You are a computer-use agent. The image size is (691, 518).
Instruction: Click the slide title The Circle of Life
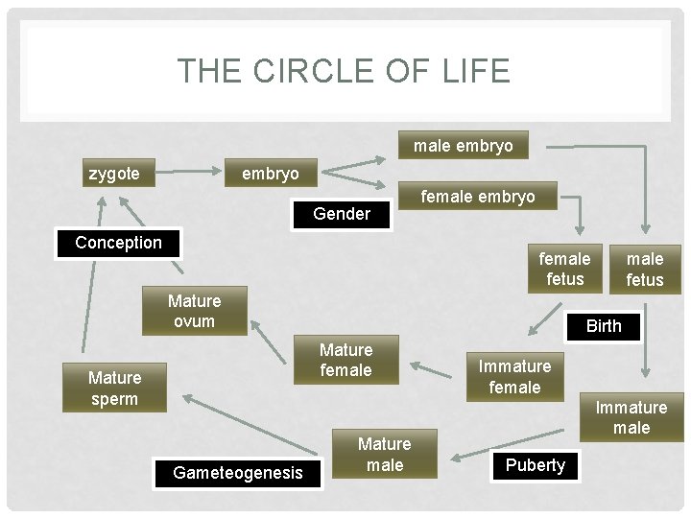tap(344, 72)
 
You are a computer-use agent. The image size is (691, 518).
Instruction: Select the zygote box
tap(114, 174)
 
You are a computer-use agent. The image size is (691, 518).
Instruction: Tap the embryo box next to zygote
tap(270, 174)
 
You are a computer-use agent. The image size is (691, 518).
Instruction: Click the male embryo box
tap(464, 147)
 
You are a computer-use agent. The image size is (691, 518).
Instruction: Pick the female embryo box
tap(478, 197)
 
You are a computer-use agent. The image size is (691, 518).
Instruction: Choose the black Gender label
tap(342, 214)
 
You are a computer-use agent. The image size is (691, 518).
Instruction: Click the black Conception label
tap(119, 243)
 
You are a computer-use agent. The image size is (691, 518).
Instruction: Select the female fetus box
tap(564, 269)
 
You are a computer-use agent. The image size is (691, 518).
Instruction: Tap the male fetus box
tap(645, 269)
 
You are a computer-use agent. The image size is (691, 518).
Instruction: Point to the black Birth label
tap(604, 326)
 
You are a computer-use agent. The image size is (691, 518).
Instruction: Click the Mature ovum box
tap(194, 311)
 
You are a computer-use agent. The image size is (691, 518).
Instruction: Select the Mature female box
tap(345, 360)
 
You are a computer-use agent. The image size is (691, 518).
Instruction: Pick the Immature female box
tap(514, 376)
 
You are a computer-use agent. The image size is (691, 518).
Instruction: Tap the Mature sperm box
tap(114, 388)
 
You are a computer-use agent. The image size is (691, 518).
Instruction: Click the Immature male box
tap(631, 417)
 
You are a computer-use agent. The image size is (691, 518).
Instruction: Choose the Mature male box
tap(384, 454)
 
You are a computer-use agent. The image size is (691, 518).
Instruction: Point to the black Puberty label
tap(535, 465)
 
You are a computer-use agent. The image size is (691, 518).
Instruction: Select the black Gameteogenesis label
tap(237, 472)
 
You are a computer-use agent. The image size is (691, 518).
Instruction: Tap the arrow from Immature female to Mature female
tap(437, 367)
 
